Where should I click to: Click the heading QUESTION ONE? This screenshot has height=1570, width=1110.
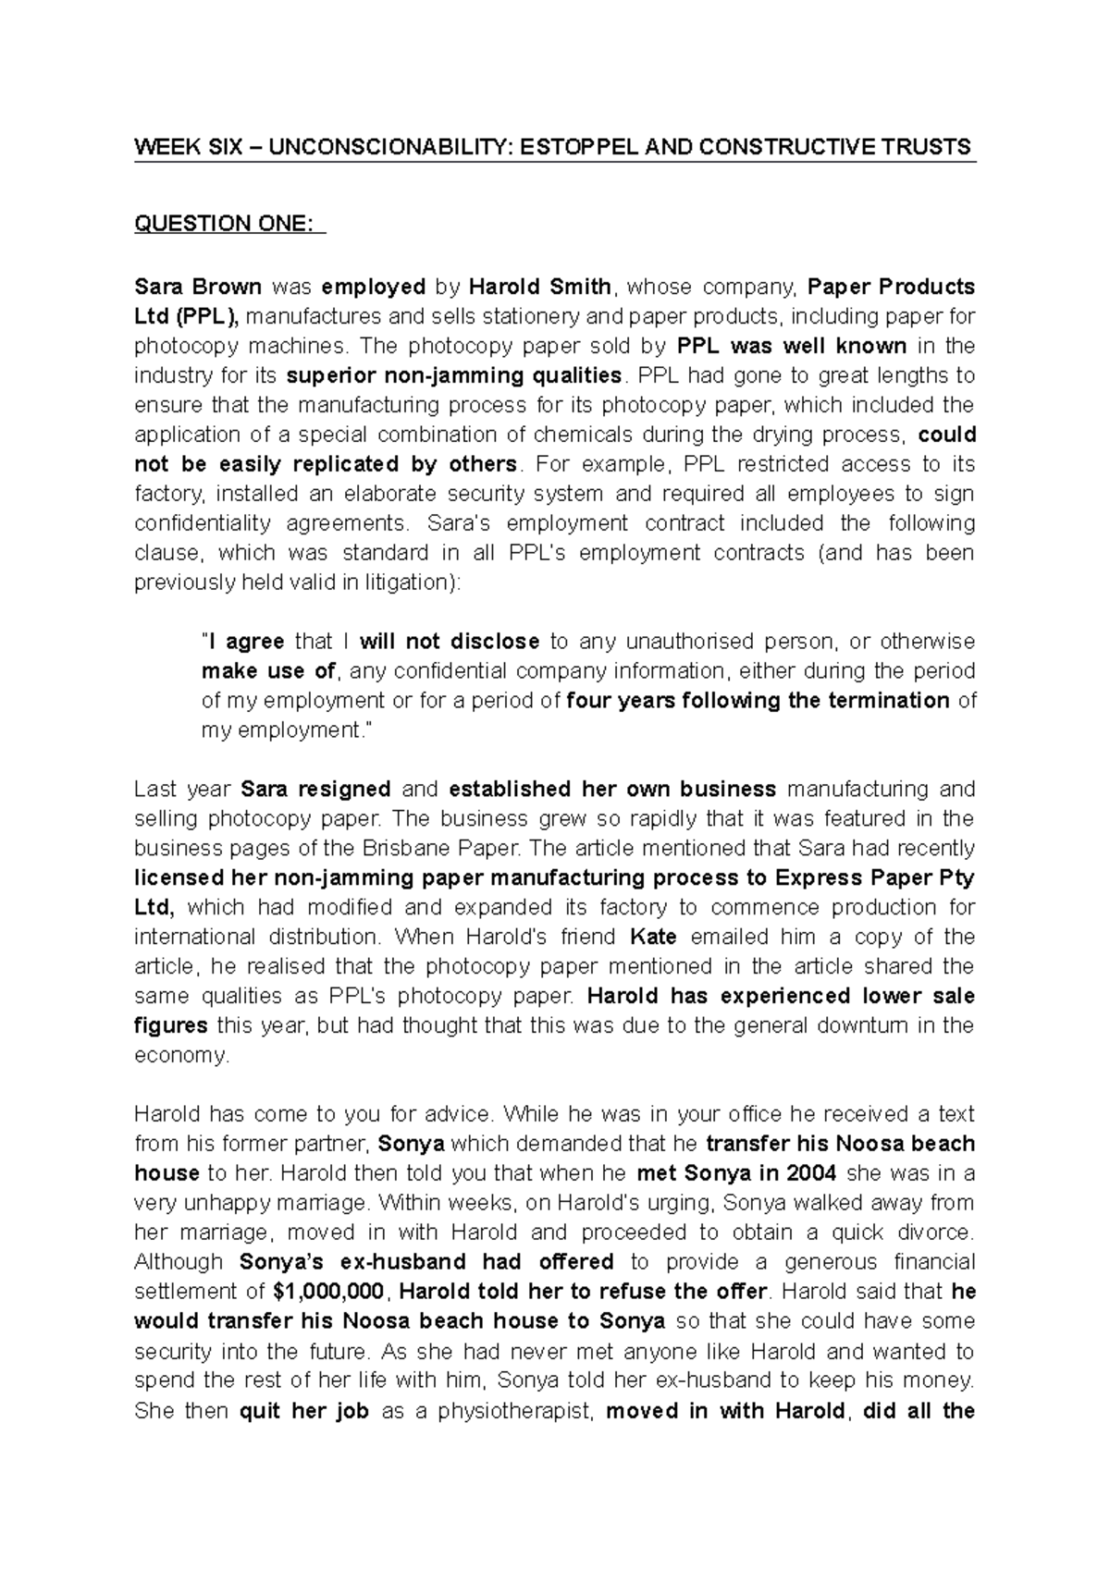pyautogui.click(x=229, y=223)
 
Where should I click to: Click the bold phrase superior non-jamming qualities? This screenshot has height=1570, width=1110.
pyautogui.click(x=453, y=375)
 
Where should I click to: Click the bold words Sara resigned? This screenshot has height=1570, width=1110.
pyautogui.click(x=315, y=790)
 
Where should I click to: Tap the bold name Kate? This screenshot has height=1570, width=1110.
pyautogui.click(x=653, y=938)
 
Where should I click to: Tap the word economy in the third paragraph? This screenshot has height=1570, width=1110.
pyautogui.click(x=180, y=1056)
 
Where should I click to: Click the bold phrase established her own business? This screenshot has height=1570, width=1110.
pyautogui.click(x=612, y=790)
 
